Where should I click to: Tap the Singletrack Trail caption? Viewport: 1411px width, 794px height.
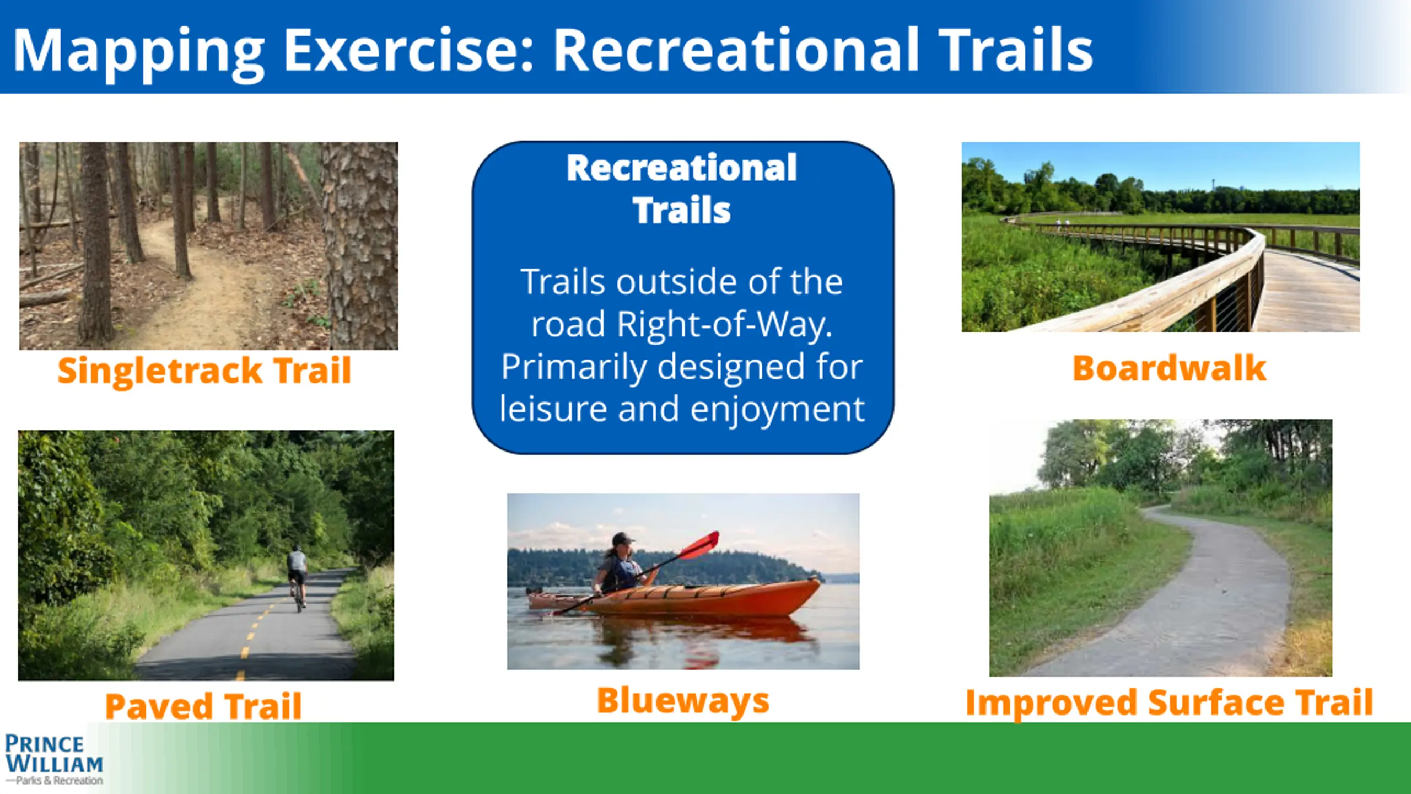click(204, 371)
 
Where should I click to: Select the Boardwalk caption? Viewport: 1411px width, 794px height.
click(1169, 368)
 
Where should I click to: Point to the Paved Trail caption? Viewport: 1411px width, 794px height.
click(203, 706)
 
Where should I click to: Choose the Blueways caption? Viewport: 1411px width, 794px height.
click(683, 701)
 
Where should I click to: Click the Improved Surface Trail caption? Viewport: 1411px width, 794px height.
click(1169, 704)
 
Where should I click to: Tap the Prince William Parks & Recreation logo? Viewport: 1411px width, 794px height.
click(54, 759)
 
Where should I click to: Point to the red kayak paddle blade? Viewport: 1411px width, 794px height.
click(700, 545)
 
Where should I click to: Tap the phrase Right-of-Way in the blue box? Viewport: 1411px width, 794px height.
click(724, 324)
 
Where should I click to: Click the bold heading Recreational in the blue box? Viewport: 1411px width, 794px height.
click(682, 168)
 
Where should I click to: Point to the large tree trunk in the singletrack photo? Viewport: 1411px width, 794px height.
click(361, 246)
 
